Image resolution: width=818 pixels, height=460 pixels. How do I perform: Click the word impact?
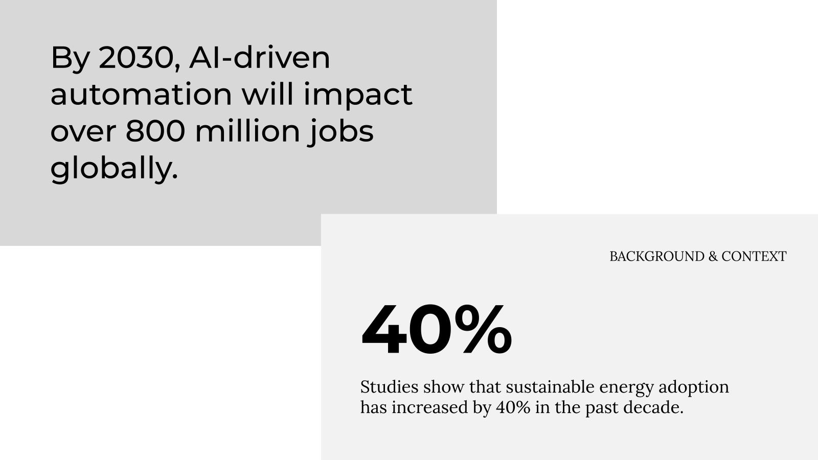(358, 96)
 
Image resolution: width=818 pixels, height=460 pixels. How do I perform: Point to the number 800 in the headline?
(155, 131)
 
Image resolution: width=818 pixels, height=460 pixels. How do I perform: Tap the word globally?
(114, 169)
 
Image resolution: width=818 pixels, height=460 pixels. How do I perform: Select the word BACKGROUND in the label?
(657, 256)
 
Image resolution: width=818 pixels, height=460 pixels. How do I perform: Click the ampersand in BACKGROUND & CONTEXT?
(713, 256)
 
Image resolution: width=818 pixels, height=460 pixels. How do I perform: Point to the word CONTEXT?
(754, 256)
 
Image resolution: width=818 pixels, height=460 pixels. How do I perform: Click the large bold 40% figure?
(437, 329)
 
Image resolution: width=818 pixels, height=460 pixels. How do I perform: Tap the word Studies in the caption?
(389, 387)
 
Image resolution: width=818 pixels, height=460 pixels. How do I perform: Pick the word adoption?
(693, 388)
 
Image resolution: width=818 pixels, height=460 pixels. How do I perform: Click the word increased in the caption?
(430, 407)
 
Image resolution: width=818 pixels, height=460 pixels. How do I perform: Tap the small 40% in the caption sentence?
(513, 408)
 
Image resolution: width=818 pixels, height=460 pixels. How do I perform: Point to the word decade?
(653, 407)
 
